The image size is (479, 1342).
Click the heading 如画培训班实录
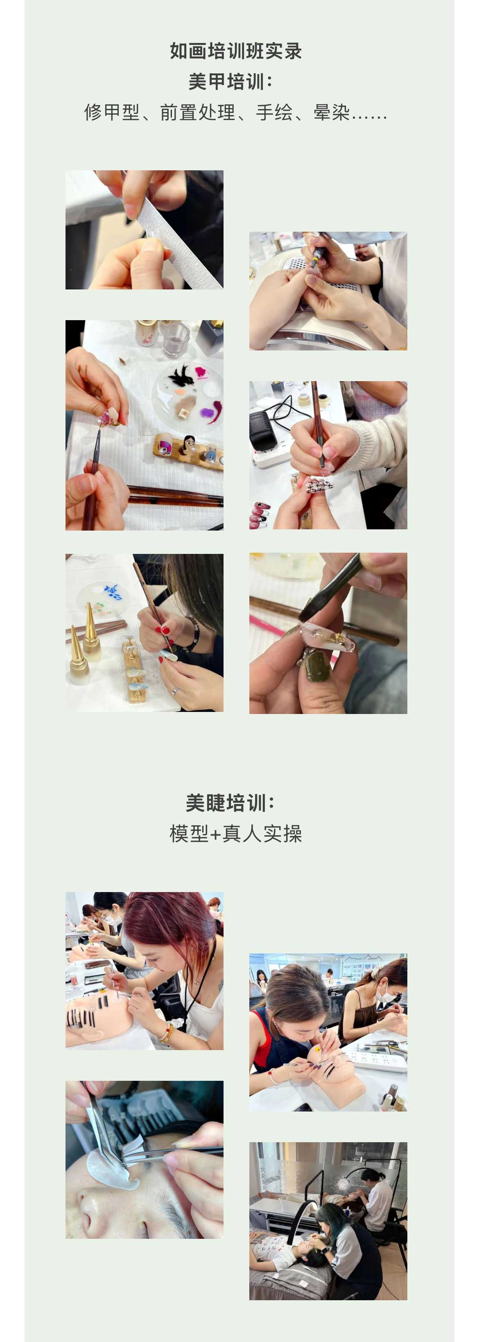tap(235, 51)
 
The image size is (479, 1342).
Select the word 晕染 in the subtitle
tap(332, 113)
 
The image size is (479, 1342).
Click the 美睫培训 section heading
tap(229, 803)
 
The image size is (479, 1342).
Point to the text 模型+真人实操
tap(235, 834)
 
